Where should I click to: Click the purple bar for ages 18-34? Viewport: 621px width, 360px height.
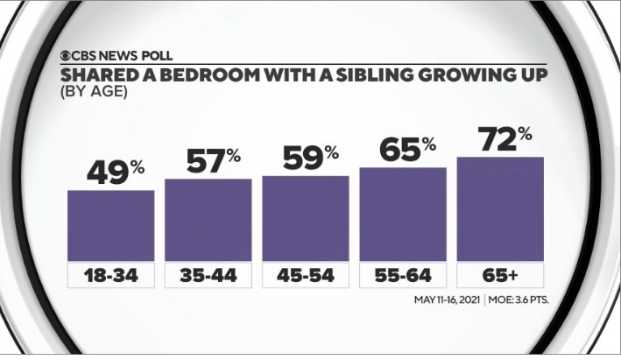(x=111, y=225)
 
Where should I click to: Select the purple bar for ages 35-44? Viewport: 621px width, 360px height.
(x=208, y=220)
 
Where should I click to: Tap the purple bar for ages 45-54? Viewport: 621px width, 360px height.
(x=306, y=218)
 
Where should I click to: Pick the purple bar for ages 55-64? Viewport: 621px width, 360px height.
(x=403, y=214)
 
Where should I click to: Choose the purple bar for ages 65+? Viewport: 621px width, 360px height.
(x=500, y=208)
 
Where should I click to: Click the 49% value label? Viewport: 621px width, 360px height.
(x=111, y=172)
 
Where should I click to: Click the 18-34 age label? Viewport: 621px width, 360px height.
(x=111, y=276)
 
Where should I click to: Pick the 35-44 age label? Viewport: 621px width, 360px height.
(x=208, y=276)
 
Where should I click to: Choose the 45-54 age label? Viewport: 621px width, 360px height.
(x=306, y=276)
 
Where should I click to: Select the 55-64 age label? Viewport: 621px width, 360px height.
(x=403, y=276)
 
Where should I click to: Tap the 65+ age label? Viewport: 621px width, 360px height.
(x=500, y=276)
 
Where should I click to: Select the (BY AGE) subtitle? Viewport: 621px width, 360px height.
(x=93, y=90)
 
